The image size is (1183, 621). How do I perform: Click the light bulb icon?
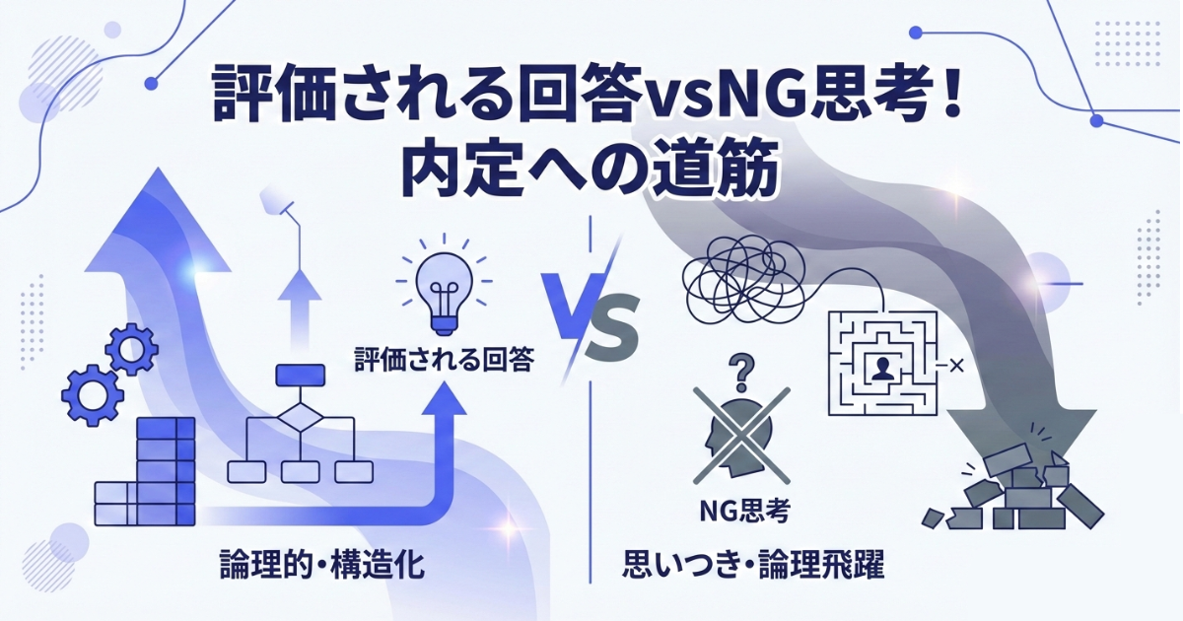pyautogui.click(x=445, y=292)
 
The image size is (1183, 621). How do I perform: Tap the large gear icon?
pyautogui.click(x=93, y=395)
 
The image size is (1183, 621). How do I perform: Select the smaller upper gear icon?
pyautogui.click(x=131, y=349)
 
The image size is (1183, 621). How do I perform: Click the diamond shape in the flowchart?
pyautogui.click(x=300, y=418)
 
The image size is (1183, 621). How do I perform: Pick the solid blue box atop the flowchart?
pyautogui.click(x=301, y=375)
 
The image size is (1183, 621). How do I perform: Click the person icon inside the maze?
pyautogui.click(x=882, y=368)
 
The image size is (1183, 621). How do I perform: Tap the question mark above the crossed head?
pyautogui.click(x=741, y=373)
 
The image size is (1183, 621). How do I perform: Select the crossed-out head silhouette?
pyautogui.click(x=741, y=436)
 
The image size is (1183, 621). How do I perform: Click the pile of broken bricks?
pyautogui.click(x=1014, y=489)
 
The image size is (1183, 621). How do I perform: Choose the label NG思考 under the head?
pyautogui.click(x=744, y=511)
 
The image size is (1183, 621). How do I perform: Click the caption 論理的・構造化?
pyautogui.click(x=321, y=565)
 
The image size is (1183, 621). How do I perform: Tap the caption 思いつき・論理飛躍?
pyautogui.click(x=753, y=565)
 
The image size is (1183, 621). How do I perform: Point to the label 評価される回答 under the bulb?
pyautogui.click(x=444, y=360)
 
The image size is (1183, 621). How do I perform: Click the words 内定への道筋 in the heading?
pyautogui.click(x=590, y=168)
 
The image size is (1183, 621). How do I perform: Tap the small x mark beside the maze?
pyautogui.click(x=956, y=366)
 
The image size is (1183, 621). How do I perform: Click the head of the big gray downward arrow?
pyautogui.click(x=1022, y=444)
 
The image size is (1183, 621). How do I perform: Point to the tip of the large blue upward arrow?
pyautogui.click(x=158, y=168)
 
